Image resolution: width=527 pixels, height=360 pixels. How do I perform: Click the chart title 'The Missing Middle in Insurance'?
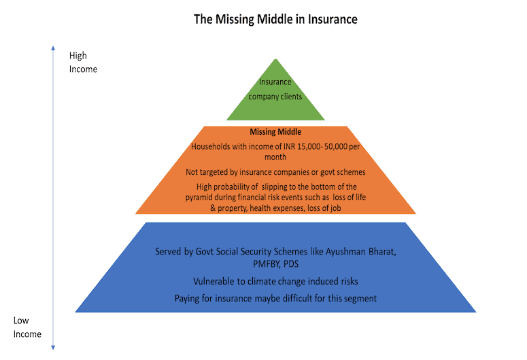point(275,20)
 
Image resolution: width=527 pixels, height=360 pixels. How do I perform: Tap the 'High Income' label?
point(83,62)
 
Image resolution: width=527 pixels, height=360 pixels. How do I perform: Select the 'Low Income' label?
point(27,327)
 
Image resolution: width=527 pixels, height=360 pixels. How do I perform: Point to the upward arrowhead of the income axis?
point(53,48)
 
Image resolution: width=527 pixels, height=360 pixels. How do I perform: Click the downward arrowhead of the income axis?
point(53,348)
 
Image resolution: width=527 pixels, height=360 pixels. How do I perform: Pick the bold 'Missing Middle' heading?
point(275,132)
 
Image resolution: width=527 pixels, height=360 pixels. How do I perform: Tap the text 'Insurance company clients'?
point(275,89)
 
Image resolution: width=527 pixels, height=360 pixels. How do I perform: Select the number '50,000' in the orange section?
point(336,147)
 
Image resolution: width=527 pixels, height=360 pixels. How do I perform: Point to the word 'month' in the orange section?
point(275,157)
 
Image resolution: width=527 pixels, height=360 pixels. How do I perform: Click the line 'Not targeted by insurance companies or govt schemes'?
point(275,172)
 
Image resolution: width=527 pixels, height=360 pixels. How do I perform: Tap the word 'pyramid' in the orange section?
point(199,197)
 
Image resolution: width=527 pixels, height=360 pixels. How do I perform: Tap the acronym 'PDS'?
point(291,264)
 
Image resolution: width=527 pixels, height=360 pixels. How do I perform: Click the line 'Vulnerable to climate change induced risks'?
point(275,281)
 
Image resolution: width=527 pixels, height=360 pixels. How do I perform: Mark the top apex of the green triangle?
point(275,59)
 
